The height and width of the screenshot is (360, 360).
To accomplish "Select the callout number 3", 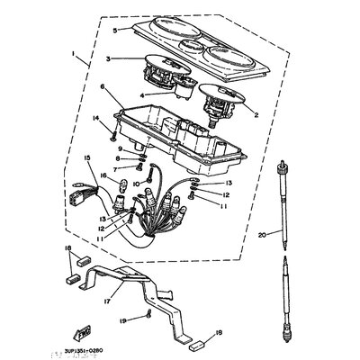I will (x=108, y=59).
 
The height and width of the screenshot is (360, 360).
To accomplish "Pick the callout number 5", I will (x=115, y=30).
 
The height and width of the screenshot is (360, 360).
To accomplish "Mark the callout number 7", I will (x=115, y=169).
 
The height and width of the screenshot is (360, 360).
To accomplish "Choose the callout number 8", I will (x=116, y=159).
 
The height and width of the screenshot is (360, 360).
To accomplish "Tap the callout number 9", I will (x=117, y=148).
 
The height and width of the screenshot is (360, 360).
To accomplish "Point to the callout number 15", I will (x=87, y=157).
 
